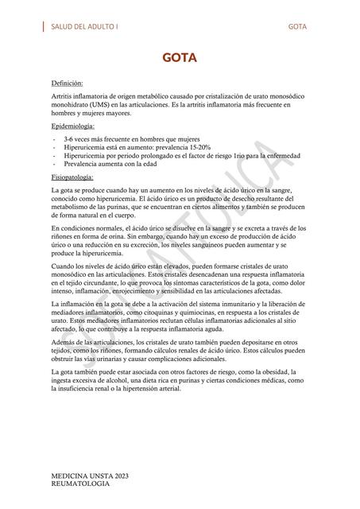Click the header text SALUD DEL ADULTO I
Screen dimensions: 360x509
(x=84, y=26)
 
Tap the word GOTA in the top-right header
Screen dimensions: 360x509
(x=298, y=26)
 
